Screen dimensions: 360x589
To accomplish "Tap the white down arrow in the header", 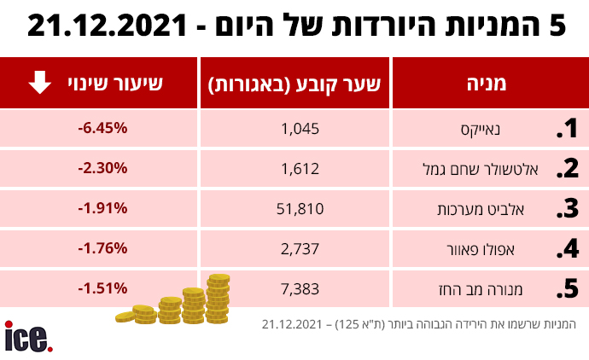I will [x=39, y=83].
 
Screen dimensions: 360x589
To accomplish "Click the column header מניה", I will [x=487, y=84].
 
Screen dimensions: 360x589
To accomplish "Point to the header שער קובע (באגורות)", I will [x=294, y=84].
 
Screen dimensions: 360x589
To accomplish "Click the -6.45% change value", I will [x=102, y=128].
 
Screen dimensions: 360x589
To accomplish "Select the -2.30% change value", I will [x=102, y=168].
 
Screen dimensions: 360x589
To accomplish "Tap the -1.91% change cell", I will [x=102, y=207].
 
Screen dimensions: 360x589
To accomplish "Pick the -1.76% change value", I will [x=102, y=247].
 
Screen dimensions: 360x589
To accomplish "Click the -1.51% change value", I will [x=102, y=287].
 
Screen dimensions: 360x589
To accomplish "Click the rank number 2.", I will [x=567, y=168].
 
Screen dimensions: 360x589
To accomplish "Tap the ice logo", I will [x=27, y=336].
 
